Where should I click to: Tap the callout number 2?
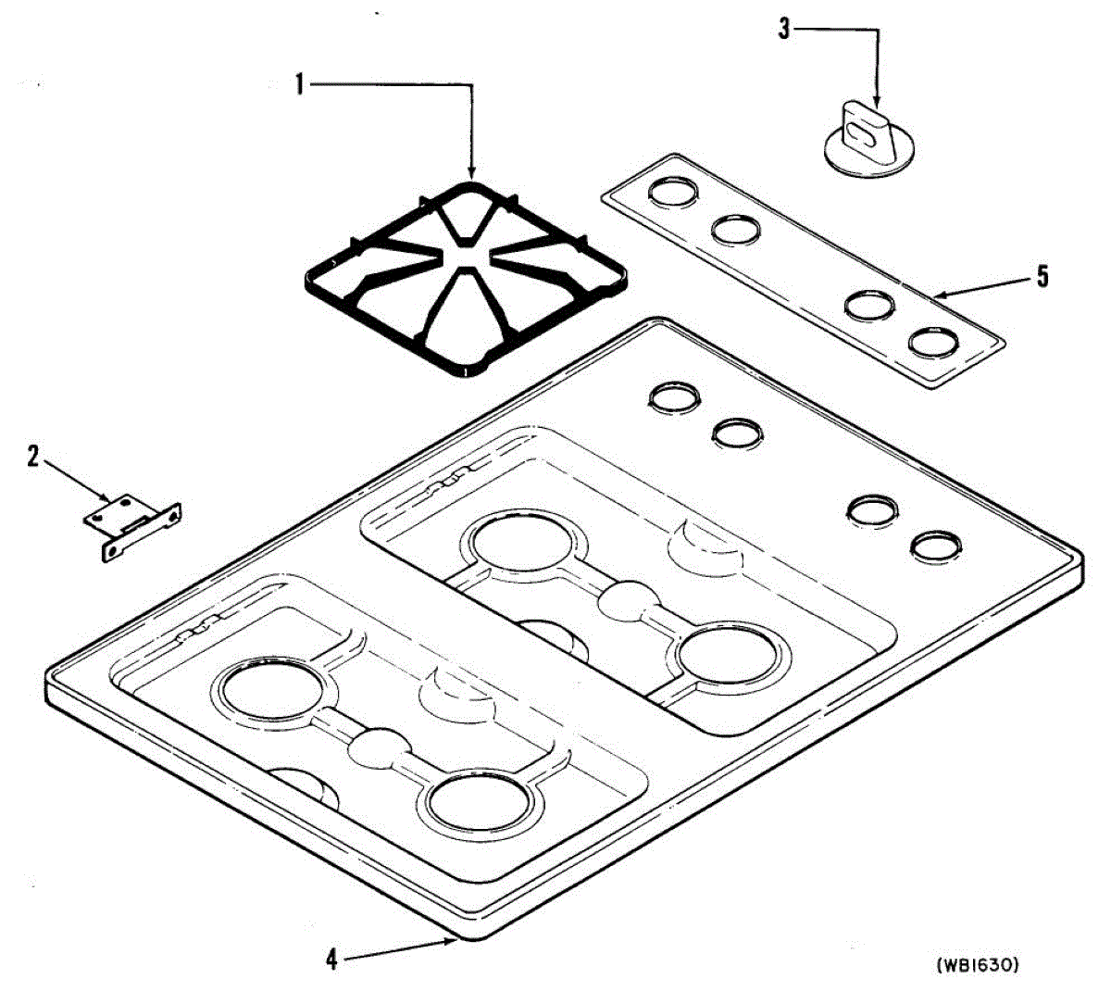tap(33, 456)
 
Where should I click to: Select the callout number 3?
tap(784, 31)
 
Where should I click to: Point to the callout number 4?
tap(331, 960)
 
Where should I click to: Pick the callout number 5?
tap(1043, 276)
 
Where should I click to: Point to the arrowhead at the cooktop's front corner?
tap(451, 942)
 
